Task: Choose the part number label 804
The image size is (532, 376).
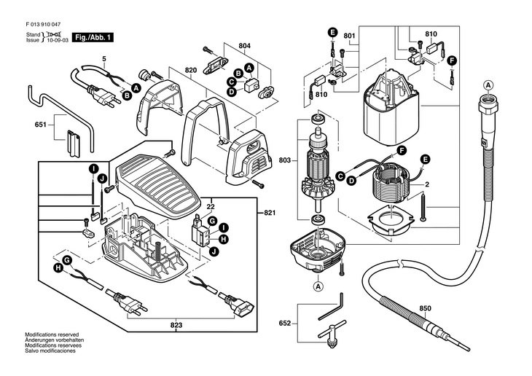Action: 244,46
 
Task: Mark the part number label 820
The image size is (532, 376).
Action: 192,71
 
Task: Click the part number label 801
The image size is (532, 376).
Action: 349,36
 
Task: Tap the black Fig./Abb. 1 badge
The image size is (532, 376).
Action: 94,36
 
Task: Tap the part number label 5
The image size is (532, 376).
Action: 103,58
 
